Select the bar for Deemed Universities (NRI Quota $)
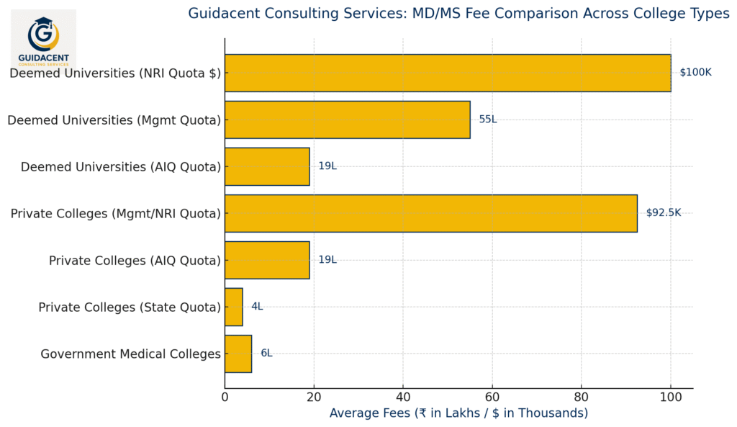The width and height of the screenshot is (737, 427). (x=447, y=73)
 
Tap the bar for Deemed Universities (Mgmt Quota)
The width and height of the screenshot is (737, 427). (x=347, y=120)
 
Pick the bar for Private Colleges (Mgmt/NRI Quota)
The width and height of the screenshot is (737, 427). (x=430, y=213)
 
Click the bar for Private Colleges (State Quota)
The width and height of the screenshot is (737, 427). (x=234, y=307)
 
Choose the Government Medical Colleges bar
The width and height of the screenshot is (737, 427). (x=238, y=354)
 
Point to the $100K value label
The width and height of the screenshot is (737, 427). (x=695, y=73)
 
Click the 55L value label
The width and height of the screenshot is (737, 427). (x=487, y=120)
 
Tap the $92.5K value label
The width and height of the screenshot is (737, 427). (x=663, y=213)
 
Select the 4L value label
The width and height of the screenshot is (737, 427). (x=257, y=307)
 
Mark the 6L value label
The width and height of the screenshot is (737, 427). (x=266, y=354)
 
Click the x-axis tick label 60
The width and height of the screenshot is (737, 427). (x=492, y=397)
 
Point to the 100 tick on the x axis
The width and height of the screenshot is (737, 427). (x=671, y=397)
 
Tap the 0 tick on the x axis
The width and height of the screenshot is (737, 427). (x=225, y=397)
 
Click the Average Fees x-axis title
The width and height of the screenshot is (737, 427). (x=458, y=413)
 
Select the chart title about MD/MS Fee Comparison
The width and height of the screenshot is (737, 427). (x=458, y=14)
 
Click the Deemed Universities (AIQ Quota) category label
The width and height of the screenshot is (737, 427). (x=120, y=167)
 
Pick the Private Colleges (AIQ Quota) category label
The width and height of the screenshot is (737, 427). (x=135, y=261)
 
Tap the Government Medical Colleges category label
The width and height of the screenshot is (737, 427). (x=130, y=354)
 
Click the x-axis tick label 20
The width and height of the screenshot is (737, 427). (x=314, y=397)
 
